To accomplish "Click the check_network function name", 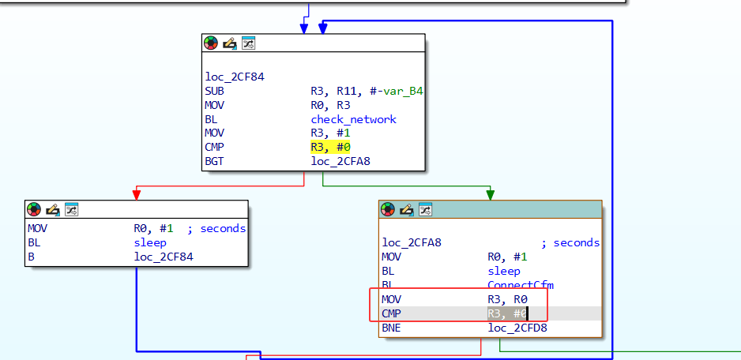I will click(x=353, y=119).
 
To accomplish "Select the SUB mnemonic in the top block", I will click(x=214, y=91).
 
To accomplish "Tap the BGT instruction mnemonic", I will click(x=214, y=162).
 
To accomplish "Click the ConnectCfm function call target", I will click(x=521, y=285).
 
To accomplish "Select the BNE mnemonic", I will click(x=392, y=328).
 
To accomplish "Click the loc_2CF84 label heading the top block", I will click(x=235, y=77).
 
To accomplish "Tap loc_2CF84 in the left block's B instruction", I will click(x=164, y=257).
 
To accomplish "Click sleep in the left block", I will click(x=149, y=242).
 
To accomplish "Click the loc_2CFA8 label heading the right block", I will click(x=412, y=242).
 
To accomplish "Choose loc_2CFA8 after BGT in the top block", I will click(x=340, y=162).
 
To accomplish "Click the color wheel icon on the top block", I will click(x=211, y=43).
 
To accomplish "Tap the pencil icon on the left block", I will click(x=52, y=209).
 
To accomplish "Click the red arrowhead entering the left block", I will click(x=137, y=194).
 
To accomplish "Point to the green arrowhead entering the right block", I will click(x=491, y=194).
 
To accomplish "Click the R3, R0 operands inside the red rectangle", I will click(x=507, y=299).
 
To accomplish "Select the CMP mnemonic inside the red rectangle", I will click(x=392, y=313).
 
